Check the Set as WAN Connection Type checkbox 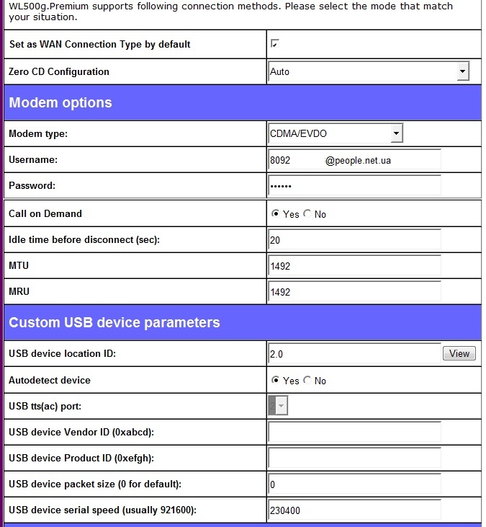pyautogui.click(x=274, y=44)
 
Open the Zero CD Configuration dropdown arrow pyautogui.click(x=463, y=71)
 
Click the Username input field pyautogui.click(x=354, y=160)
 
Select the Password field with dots pyautogui.click(x=354, y=186)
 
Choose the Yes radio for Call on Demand pyautogui.click(x=275, y=214)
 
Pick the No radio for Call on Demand pyautogui.click(x=307, y=214)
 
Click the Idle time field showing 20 pyautogui.click(x=354, y=240)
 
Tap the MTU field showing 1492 pyautogui.click(x=354, y=266)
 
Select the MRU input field pyautogui.click(x=354, y=292)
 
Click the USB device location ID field pyautogui.click(x=354, y=353)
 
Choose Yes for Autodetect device pyautogui.click(x=275, y=381)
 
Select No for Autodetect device pyautogui.click(x=307, y=381)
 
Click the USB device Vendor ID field pyautogui.click(x=354, y=433)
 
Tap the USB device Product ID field pyautogui.click(x=354, y=459)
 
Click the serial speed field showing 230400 pyautogui.click(x=354, y=510)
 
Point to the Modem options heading pyautogui.click(x=60, y=102)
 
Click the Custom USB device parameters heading pyautogui.click(x=114, y=322)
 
